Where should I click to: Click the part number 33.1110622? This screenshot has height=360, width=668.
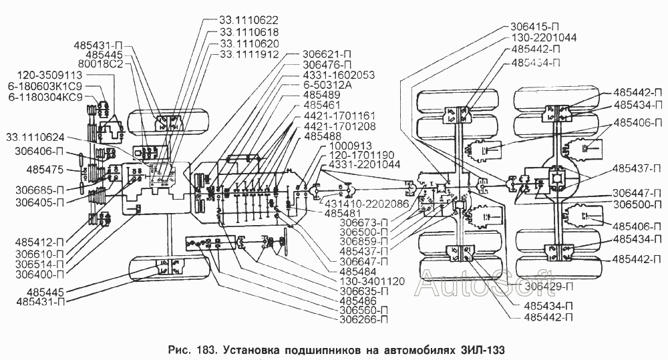pyautogui.click(x=249, y=20)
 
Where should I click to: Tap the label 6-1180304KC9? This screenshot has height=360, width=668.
pyautogui.click(x=45, y=97)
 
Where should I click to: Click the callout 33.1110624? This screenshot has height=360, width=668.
pyautogui.click(x=35, y=138)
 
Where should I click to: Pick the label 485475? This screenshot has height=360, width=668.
pyautogui.click(x=45, y=170)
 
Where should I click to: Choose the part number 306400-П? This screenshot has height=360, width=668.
pyautogui.click(x=39, y=275)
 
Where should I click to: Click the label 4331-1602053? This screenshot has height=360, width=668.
pyautogui.click(x=339, y=75)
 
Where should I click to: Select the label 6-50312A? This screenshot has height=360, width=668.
pyautogui.click(x=327, y=85)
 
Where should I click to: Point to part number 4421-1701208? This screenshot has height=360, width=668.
pyautogui.click(x=339, y=126)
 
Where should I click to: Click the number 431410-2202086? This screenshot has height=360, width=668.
pyautogui.click(x=366, y=203)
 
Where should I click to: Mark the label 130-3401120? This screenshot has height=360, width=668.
pyautogui.click(x=372, y=282)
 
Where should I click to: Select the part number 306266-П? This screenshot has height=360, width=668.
pyautogui.click(x=364, y=319)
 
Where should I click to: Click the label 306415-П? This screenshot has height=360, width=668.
pyautogui.click(x=534, y=26)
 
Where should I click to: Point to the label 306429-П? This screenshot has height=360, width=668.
pyautogui.click(x=548, y=287)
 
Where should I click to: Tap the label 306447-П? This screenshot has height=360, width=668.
pyautogui.click(x=637, y=194)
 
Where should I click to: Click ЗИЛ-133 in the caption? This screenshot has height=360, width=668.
pyautogui.click(x=483, y=350)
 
